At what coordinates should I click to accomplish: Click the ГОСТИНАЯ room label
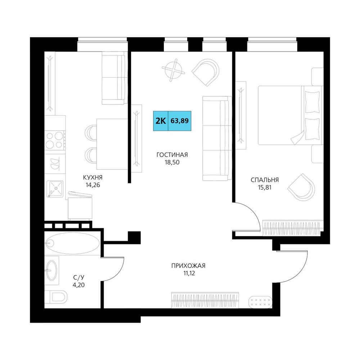(172, 155)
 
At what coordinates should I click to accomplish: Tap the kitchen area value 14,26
(93, 185)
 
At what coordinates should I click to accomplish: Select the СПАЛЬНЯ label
(265, 180)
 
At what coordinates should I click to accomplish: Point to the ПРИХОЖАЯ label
(188, 266)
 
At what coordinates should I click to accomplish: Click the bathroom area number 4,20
(79, 285)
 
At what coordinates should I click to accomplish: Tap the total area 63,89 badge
(180, 121)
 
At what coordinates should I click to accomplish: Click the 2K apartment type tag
(161, 121)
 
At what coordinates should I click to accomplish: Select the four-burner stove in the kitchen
(55, 140)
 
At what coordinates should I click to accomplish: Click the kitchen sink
(55, 189)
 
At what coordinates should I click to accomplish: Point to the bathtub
(72, 243)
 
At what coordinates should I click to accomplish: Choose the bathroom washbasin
(51, 270)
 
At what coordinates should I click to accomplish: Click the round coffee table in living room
(174, 70)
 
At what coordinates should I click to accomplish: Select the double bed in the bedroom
(291, 115)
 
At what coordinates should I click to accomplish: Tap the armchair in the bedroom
(301, 187)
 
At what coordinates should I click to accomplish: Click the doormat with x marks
(260, 302)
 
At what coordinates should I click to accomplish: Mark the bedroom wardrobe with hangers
(292, 228)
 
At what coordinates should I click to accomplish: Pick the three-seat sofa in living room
(217, 139)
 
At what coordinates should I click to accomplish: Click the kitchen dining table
(112, 144)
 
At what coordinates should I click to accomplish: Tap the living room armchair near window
(206, 72)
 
